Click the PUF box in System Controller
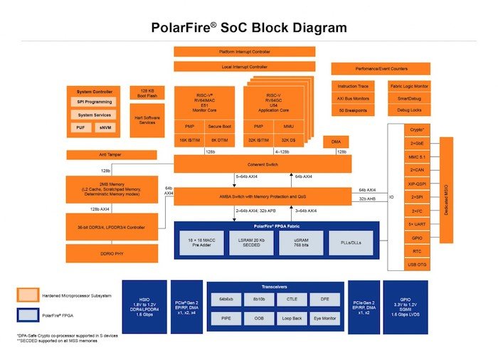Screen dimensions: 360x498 point(80,128)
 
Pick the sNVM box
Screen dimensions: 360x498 point(105,128)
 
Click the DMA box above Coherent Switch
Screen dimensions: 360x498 point(336,142)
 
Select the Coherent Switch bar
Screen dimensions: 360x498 point(263,164)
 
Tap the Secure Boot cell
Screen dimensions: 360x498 point(220,127)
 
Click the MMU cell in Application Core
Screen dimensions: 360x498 point(287,127)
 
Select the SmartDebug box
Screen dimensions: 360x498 point(408,98)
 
